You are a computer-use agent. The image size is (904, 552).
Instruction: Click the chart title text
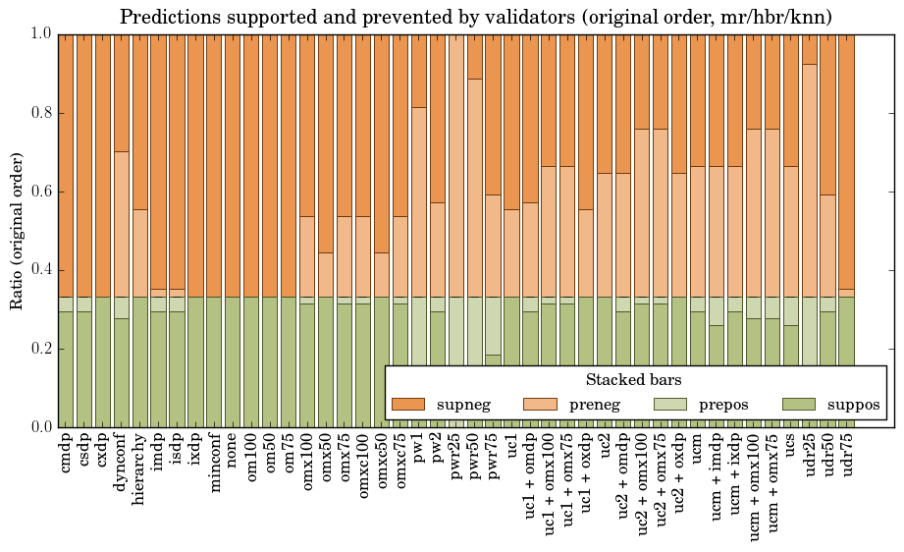click(x=476, y=17)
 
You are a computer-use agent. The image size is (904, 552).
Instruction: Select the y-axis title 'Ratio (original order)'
click(x=17, y=230)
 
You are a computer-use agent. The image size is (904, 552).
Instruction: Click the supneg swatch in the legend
click(x=407, y=404)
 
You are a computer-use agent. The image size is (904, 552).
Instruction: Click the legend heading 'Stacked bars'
click(x=634, y=379)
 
